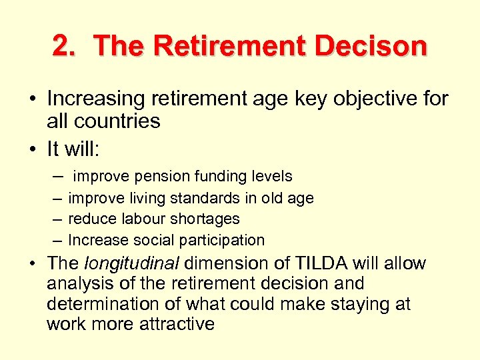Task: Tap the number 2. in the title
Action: pyautogui.click(x=65, y=46)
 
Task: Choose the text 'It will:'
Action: pyautogui.click(x=73, y=147)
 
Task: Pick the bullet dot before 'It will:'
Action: pyautogui.click(x=32, y=148)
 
